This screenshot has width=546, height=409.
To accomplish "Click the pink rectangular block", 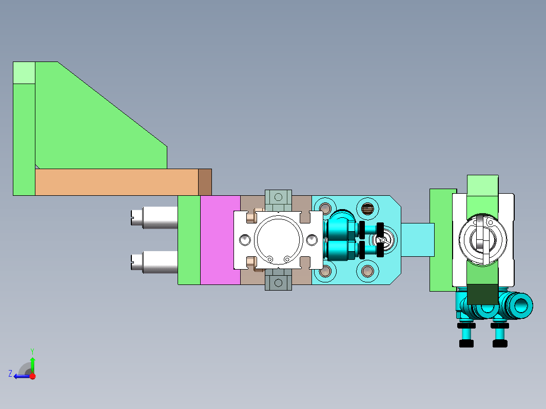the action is (220, 240).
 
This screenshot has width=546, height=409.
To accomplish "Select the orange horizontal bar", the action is (116, 182).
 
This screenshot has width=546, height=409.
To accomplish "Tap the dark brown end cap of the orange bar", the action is (205, 182).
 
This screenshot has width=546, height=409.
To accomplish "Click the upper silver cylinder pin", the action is (154, 218).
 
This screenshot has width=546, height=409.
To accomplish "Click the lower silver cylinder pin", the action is (154, 262).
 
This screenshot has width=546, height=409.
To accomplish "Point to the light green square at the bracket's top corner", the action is (24, 73).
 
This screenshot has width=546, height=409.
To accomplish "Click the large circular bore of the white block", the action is (278, 240).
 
